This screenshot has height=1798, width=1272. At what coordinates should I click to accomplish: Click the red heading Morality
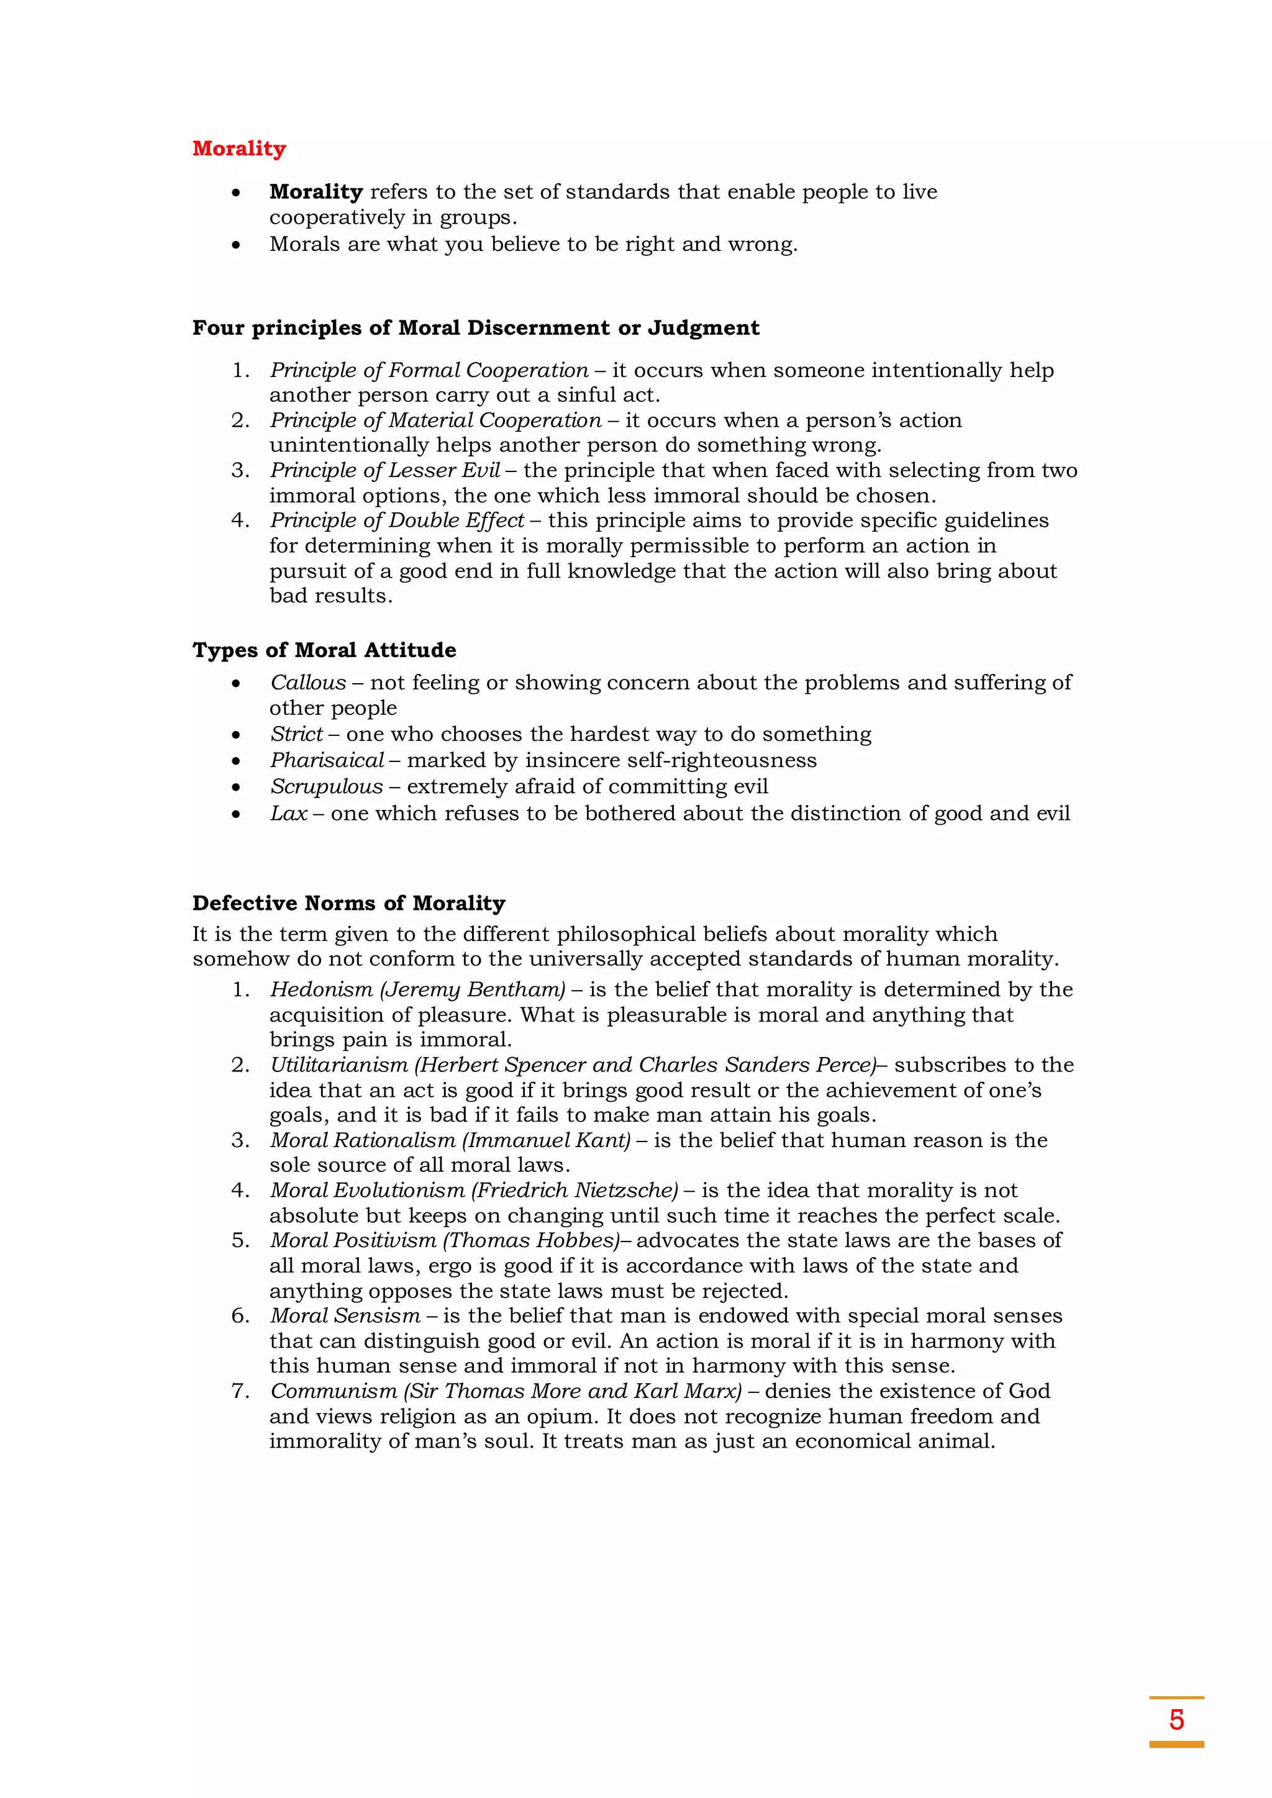coord(239,149)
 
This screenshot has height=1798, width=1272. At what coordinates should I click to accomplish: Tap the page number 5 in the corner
coord(1176,1720)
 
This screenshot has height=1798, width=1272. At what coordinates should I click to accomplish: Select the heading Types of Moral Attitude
coord(324,650)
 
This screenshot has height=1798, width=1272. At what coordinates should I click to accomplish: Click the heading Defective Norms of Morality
coord(348,903)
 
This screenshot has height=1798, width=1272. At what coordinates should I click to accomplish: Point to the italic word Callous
coord(308,683)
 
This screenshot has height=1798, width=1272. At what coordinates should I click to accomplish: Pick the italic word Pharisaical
coord(327,760)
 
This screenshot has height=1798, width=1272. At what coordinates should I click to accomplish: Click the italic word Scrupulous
coord(327,786)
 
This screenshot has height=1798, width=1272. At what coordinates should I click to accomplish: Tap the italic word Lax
coord(288,814)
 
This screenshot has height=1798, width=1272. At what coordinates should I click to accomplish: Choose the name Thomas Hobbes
coord(534,1240)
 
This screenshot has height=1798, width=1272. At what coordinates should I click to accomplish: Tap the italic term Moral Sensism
coord(345,1317)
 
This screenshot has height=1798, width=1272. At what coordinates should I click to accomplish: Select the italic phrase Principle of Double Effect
coord(397,520)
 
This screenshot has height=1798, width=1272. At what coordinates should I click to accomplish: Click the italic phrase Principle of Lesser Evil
coord(384,471)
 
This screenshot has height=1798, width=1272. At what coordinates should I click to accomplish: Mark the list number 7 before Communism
coord(239,1392)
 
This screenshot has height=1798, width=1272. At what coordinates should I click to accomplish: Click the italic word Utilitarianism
coord(339,1065)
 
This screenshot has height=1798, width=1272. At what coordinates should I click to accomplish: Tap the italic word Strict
coord(296,735)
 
